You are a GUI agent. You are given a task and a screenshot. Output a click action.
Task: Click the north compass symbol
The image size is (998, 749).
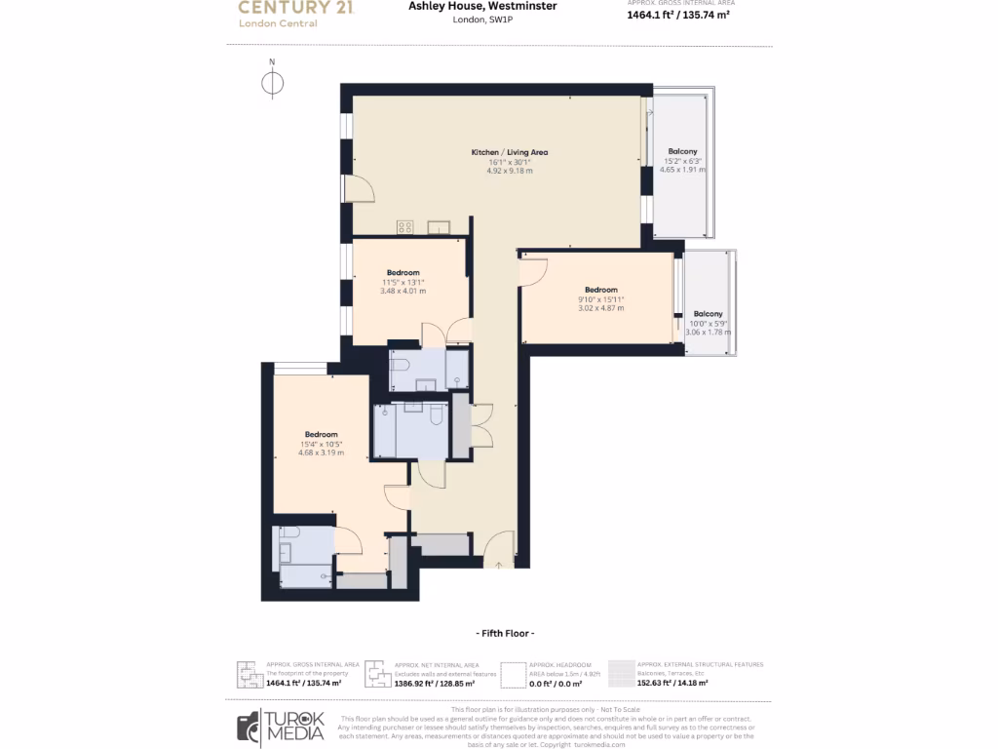click(273, 84)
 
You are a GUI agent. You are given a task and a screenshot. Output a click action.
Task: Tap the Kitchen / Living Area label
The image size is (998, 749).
click(509, 153)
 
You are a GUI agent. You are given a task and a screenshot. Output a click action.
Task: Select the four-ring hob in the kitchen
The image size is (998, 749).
click(405, 227)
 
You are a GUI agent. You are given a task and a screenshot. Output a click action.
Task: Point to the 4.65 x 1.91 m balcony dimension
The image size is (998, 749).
click(682, 170)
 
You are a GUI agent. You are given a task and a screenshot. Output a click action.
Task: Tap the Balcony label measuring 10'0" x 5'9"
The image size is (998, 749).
click(708, 314)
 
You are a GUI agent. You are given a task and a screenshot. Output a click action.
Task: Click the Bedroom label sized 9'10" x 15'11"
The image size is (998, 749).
click(600, 290)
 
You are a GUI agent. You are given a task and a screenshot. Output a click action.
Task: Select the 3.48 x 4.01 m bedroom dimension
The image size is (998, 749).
click(403, 291)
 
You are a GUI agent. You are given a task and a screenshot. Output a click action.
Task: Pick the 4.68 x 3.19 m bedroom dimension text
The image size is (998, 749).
click(321, 453)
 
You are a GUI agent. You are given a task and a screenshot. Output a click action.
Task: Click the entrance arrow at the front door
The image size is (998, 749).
click(499, 563)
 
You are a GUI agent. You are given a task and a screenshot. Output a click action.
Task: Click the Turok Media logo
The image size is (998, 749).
click(287, 727)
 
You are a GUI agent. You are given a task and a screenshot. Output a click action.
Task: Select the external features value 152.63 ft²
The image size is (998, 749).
click(672, 684)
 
